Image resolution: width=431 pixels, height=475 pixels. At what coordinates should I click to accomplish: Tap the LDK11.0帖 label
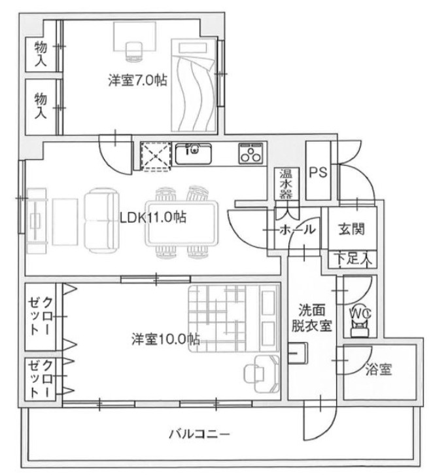click(152, 217)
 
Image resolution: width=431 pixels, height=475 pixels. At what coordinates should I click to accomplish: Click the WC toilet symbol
click(360, 320)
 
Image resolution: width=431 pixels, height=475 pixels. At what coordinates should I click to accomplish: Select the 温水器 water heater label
click(286, 184)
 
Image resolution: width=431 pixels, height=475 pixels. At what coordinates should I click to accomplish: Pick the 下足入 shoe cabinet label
click(354, 257)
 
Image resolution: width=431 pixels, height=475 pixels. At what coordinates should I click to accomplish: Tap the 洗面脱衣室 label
click(311, 318)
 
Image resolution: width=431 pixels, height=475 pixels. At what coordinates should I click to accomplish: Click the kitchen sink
click(193, 155)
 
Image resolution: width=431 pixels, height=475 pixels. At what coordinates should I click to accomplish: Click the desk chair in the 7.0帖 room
click(133, 48)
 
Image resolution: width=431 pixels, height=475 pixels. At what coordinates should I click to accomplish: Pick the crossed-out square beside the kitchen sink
click(156, 156)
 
